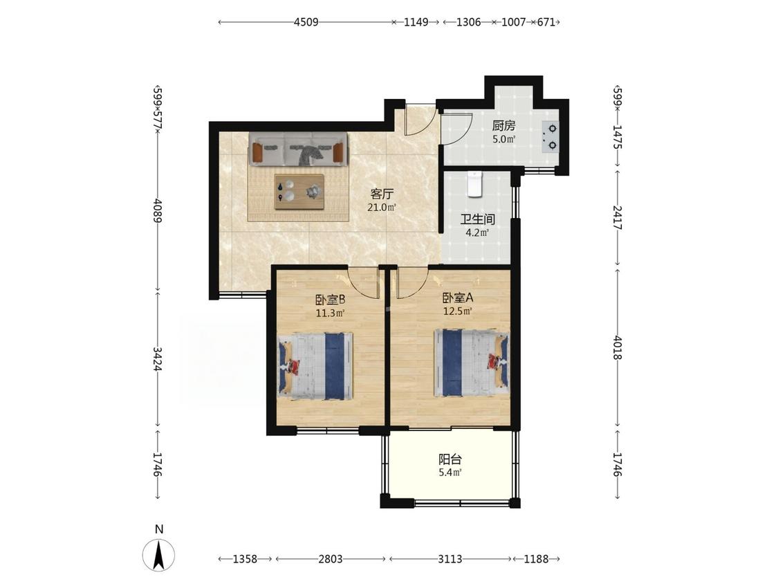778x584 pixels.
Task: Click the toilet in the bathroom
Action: [x=475, y=184]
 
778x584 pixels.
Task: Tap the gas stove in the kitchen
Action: [x=550, y=136]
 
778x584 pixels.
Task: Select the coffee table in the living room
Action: [x=299, y=192]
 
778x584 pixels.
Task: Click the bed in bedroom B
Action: [x=315, y=367]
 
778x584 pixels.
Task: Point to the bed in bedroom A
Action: [x=472, y=363]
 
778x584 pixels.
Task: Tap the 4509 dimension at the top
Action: [x=306, y=22]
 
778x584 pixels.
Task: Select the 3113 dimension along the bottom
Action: [x=450, y=559]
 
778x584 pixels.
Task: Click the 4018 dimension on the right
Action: [x=618, y=347]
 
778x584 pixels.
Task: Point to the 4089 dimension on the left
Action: [x=158, y=211]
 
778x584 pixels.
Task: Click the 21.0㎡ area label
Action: [x=382, y=207]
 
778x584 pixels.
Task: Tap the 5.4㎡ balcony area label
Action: [x=450, y=473]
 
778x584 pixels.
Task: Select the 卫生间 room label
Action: [x=477, y=219]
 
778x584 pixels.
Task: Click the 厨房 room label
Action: [x=503, y=126]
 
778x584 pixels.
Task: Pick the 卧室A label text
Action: [x=458, y=298]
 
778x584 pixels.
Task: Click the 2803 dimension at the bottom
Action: [x=331, y=559]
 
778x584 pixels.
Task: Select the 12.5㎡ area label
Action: [x=458, y=311]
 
